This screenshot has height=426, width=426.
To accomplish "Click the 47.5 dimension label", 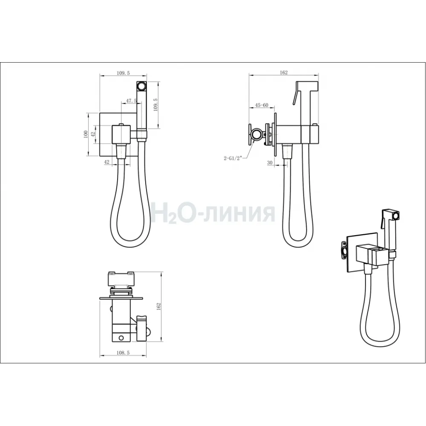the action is coord(131,101).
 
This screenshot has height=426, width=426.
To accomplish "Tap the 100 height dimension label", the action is coord(86,135).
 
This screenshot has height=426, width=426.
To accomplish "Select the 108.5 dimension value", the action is coord(123,353).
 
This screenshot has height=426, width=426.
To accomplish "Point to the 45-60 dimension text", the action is coord(262,105).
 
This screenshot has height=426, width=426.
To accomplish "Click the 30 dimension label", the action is coord(270,162).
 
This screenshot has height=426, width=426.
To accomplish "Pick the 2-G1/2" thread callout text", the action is coord(233,158).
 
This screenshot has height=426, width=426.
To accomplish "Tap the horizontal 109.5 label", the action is coord(124,73).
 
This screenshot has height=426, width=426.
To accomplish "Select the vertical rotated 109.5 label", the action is coord(155,105).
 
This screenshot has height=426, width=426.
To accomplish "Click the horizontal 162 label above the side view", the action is coord(283,72).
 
